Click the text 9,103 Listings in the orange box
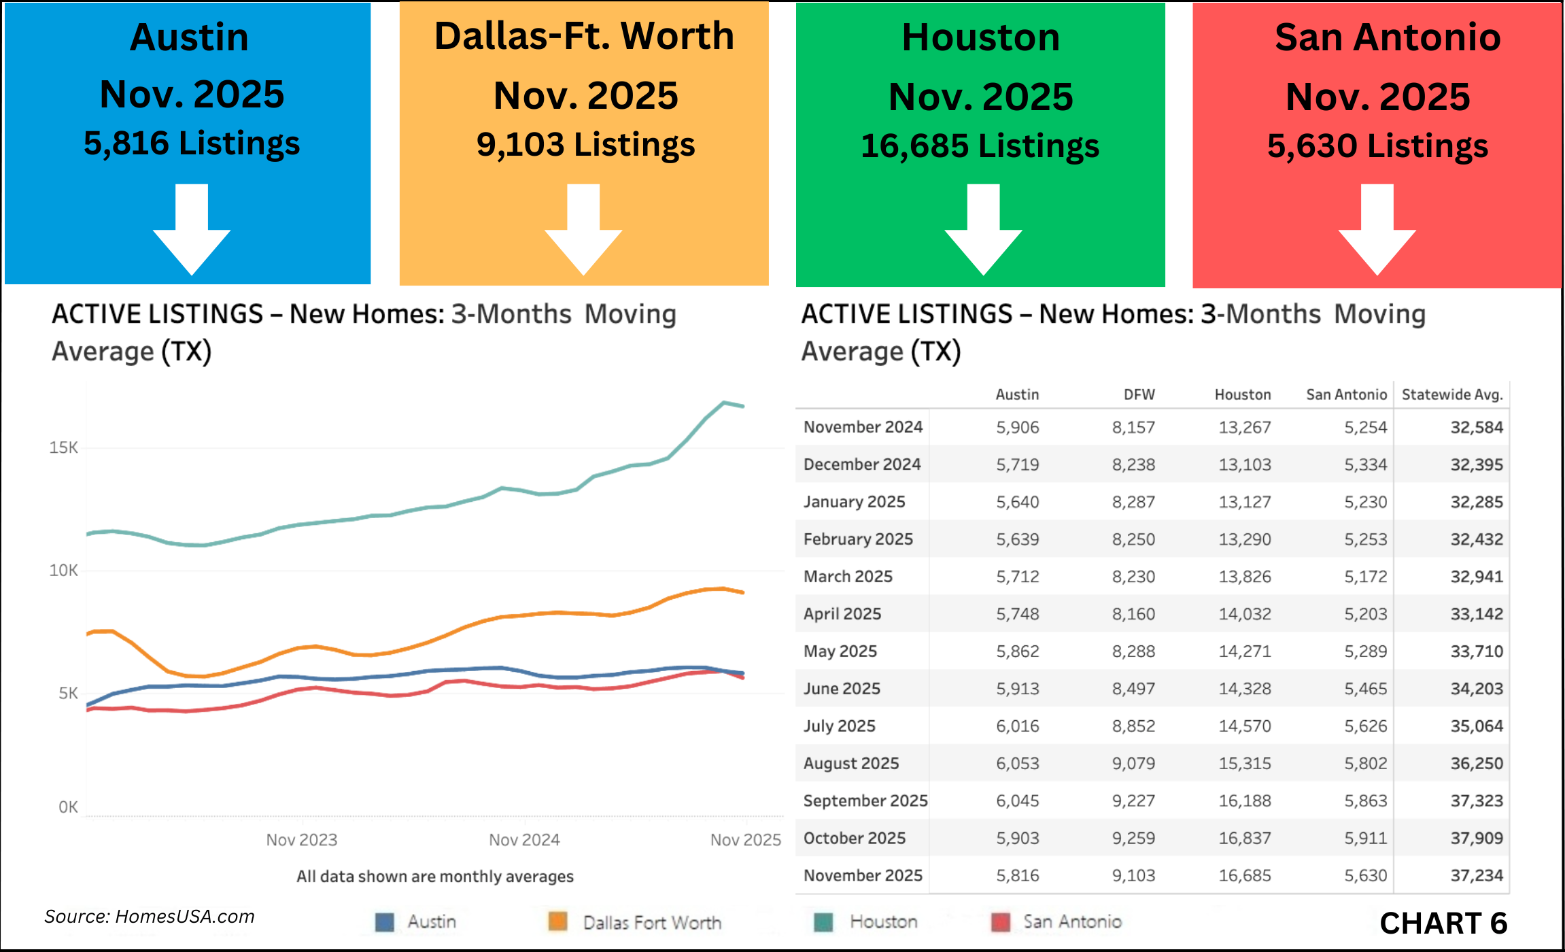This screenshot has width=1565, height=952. [585, 145]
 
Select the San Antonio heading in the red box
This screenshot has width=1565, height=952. [1387, 37]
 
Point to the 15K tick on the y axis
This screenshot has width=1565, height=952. [63, 447]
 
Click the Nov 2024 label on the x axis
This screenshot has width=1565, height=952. [524, 840]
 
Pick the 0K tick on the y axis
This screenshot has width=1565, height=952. [68, 807]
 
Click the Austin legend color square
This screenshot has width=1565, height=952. [385, 922]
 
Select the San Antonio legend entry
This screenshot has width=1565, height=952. [1071, 922]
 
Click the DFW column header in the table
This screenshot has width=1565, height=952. [1139, 394]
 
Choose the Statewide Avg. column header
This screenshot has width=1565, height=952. [1451, 394]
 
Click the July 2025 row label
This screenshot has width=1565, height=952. [839, 726]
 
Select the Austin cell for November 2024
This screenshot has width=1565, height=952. [1017, 427]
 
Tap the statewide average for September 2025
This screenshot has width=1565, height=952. [1476, 800]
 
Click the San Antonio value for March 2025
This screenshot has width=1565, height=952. [1365, 577]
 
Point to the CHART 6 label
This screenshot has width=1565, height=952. [1443, 923]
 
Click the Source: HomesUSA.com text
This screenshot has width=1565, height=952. [150, 917]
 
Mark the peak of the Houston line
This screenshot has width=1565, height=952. [725, 403]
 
